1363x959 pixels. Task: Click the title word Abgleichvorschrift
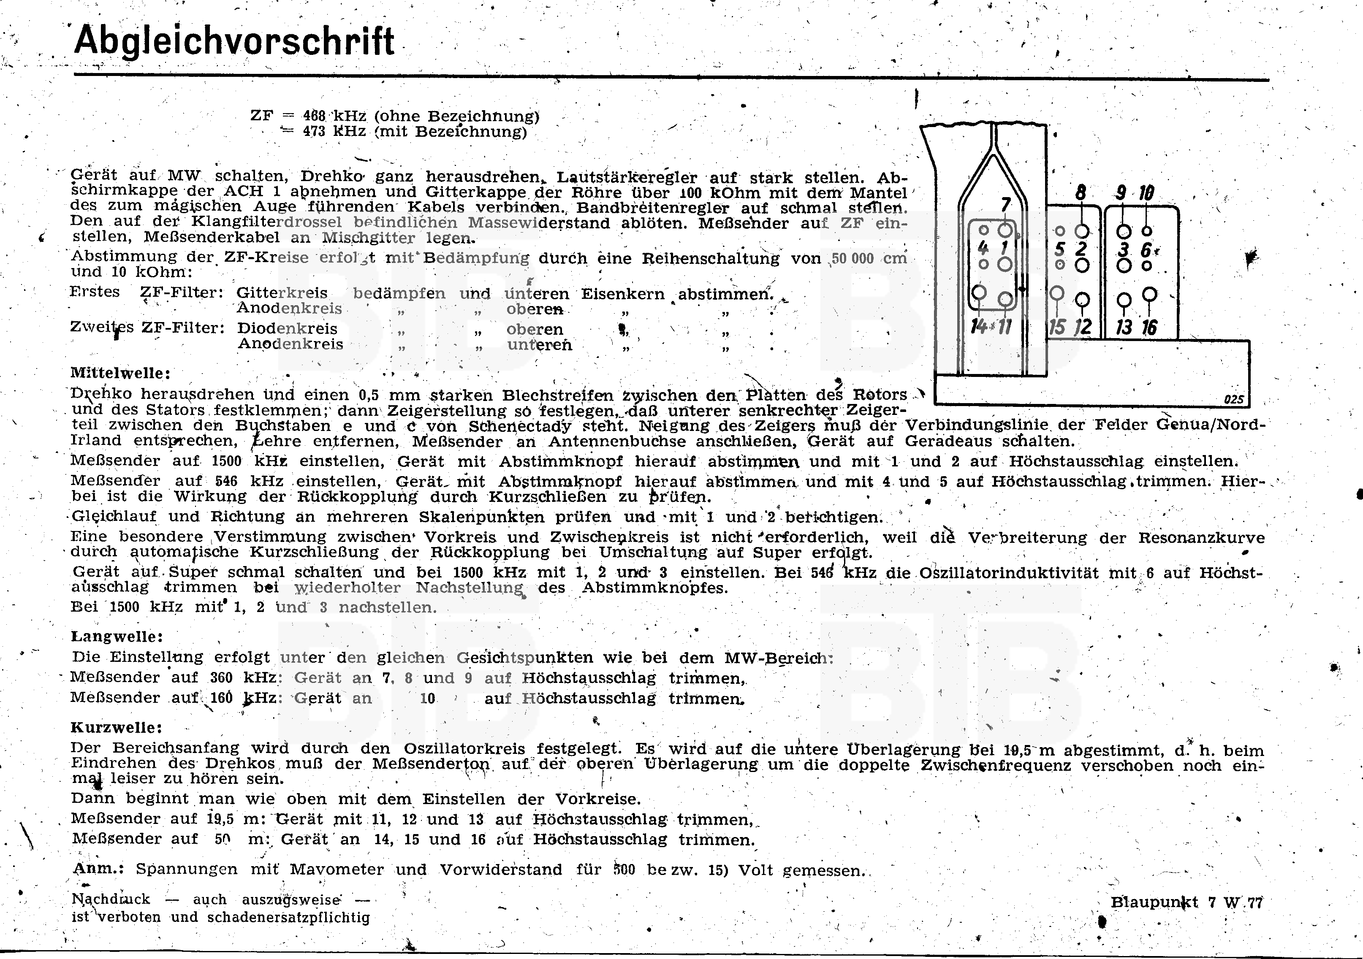pyautogui.click(x=234, y=41)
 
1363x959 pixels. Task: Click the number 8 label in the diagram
pyautogui.click(x=1081, y=193)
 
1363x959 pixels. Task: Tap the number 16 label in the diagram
pyautogui.click(x=1149, y=327)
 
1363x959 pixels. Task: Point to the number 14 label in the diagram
pyautogui.click(x=978, y=326)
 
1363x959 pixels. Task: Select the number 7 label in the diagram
pyautogui.click(x=1005, y=205)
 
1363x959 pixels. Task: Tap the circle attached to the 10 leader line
pyautogui.click(x=1147, y=231)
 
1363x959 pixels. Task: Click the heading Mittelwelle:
pyautogui.click(x=120, y=373)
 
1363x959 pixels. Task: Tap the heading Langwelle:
pyautogui.click(x=117, y=637)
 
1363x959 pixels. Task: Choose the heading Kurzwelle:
pyautogui.click(x=117, y=728)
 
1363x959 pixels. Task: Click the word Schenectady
pyautogui.click(x=519, y=426)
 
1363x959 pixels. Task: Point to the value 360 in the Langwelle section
pyautogui.click(x=221, y=678)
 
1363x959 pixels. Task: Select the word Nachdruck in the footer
pyautogui.click(x=111, y=899)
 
